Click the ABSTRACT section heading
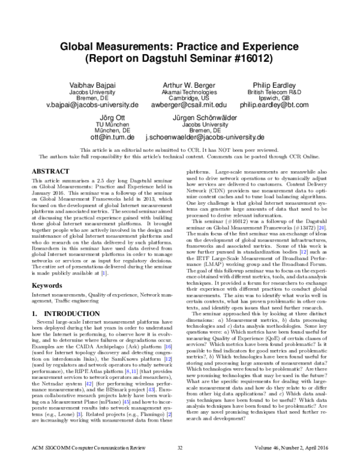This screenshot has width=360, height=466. (x=51, y=171)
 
